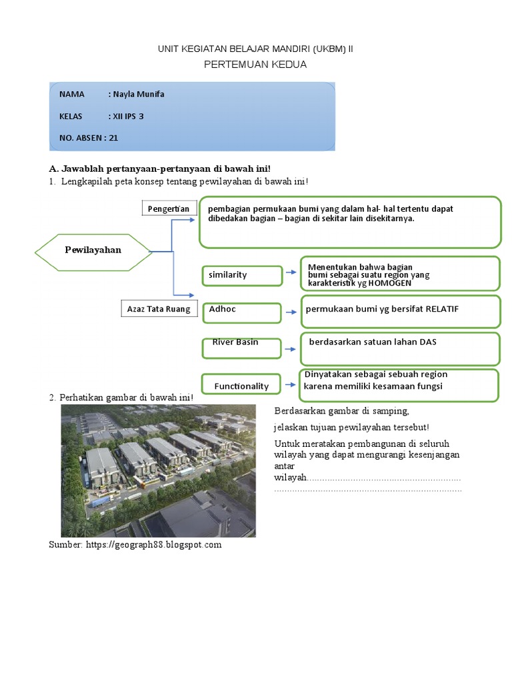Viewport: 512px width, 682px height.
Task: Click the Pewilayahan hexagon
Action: point(93,251)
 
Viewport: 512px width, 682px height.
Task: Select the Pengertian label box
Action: point(169,209)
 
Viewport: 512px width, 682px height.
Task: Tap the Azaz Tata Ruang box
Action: point(159,309)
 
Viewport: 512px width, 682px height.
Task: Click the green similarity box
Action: point(241,274)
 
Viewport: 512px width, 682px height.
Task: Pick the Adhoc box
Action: point(241,311)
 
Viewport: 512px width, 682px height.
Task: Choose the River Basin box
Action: point(241,346)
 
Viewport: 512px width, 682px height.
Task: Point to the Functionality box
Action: point(241,386)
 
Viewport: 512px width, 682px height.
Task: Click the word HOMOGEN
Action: point(390,283)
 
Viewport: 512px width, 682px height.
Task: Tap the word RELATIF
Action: point(442,309)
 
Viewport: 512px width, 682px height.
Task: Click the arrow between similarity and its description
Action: point(291,272)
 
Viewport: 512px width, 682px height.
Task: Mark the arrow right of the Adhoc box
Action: point(291,311)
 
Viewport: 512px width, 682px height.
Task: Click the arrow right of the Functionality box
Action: point(291,384)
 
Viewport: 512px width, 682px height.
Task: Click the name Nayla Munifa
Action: point(139,94)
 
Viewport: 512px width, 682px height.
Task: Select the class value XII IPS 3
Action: point(128,116)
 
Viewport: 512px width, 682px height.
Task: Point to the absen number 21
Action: point(113,139)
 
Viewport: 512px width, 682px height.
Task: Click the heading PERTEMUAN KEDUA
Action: point(255,65)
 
